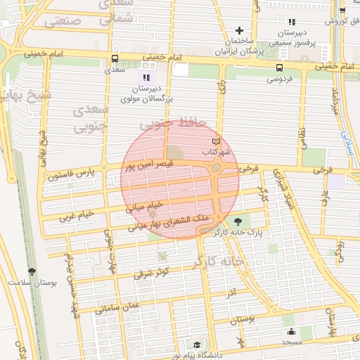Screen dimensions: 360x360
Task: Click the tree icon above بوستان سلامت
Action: (x=32, y=271)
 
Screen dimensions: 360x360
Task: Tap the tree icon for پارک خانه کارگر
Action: (x=247, y=221)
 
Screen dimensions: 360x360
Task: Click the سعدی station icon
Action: (x=115, y=59)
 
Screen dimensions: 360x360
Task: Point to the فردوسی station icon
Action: (x=280, y=67)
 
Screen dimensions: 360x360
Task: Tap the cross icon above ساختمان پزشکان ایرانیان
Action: (x=240, y=30)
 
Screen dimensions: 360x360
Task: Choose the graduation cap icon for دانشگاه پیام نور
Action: (x=198, y=345)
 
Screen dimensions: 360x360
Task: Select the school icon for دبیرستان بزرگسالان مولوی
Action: (x=146, y=77)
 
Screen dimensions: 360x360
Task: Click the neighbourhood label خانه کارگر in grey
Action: (x=222, y=261)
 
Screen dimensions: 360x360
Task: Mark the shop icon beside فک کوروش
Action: (x=342, y=11)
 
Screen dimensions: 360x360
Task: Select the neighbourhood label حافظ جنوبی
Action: (x=174, y=122)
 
